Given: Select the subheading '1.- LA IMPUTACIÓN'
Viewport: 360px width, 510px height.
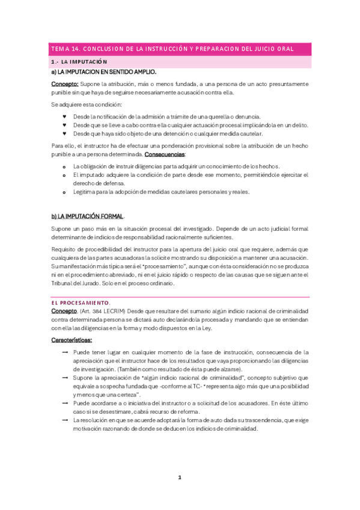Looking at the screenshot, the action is tap(79, 62).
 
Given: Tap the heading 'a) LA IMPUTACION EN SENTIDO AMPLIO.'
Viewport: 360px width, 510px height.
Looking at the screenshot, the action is tap(104, 72).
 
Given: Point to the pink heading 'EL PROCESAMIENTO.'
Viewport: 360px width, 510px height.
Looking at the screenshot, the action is tap(81, 302).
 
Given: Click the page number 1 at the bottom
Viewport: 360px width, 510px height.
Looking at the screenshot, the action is tap(179, 478).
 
